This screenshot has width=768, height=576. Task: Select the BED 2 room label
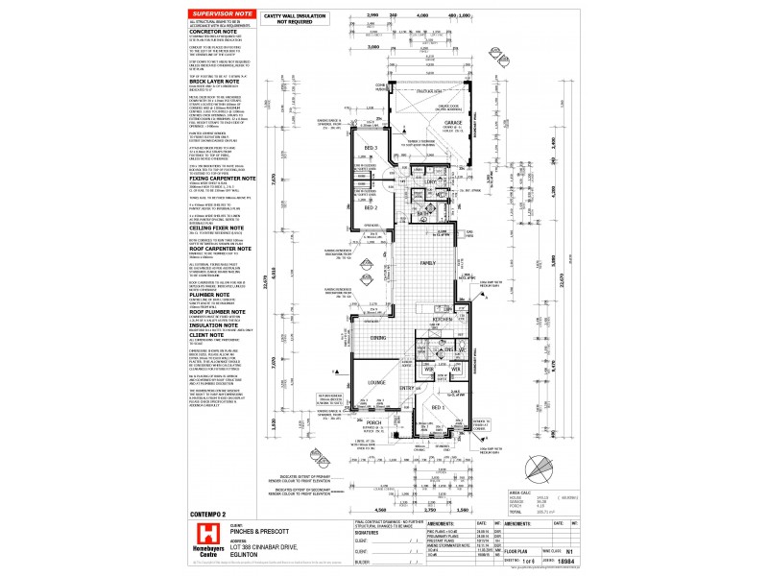tap(371, 207)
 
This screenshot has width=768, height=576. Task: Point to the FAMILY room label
tap(430, 262)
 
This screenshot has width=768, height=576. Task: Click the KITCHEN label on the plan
tap(442, 318)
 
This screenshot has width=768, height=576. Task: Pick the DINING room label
tap(378, 338)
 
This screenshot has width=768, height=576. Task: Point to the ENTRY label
tap(406, 388)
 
